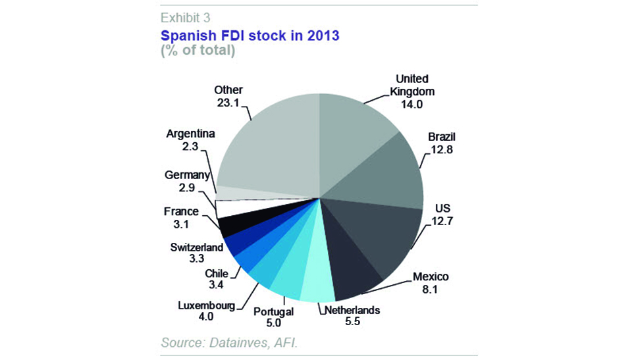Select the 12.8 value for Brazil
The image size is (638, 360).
coord(440,149)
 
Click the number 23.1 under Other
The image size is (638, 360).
coord(228,103)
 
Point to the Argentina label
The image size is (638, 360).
coord(190,134)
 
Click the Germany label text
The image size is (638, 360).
coord(188,175)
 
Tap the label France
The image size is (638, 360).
coord(180,212)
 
